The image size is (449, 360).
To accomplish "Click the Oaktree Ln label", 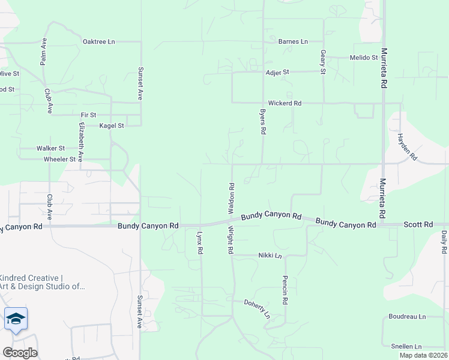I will (98, 41).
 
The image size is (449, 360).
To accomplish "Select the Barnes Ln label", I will (293, 41).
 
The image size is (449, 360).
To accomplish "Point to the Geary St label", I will (323, 62).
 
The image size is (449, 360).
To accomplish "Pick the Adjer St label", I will (277, 72).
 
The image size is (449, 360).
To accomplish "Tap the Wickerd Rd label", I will (285, 103).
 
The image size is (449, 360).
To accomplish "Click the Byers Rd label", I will (263, 122).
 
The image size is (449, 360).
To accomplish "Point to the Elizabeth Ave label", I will (81, 142).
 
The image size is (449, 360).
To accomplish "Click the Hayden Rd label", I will (406, 147).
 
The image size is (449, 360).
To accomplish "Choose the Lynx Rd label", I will (200, 241).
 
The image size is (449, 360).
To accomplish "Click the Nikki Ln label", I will (270, 255).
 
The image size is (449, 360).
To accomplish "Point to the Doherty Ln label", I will (257, 308).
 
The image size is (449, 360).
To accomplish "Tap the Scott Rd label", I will (418, 224).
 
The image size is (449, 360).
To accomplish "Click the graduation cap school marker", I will (16, 319).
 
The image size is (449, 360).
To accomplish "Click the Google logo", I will (20, 352).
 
